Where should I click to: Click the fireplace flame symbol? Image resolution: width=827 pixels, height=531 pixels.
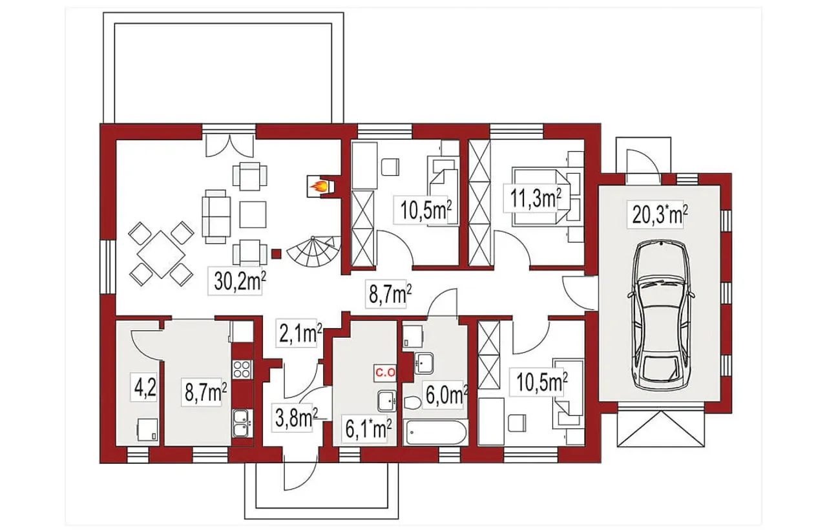(x=319, y=187)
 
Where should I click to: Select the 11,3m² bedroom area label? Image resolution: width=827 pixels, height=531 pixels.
(x=536, y=200)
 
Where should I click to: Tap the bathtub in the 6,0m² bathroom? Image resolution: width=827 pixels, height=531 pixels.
(x=435, y=432)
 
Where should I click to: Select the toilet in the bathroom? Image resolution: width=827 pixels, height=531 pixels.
(x=412, y=402)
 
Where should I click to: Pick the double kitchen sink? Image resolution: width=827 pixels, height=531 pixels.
(x=242, y=423)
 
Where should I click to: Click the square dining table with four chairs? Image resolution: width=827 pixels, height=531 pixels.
(x=162, y=254)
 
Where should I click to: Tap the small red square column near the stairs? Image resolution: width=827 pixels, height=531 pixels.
(x=276, y=254)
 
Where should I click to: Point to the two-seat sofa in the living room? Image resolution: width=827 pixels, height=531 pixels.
(x=216, y=217)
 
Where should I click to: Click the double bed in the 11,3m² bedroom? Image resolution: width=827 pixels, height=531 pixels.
(x=541, y=196)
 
